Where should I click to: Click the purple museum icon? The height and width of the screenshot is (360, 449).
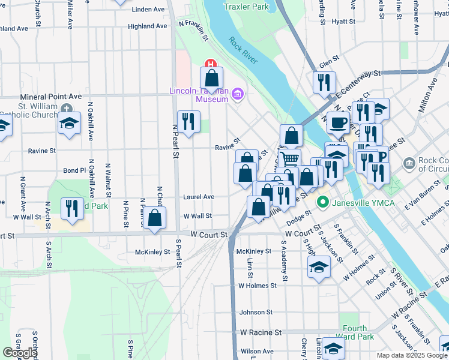[238, 94]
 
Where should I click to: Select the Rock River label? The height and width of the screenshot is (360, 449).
[243, 47]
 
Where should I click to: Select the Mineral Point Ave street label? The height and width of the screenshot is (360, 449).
[50, 96]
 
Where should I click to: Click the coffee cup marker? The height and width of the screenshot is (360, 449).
[338, 122]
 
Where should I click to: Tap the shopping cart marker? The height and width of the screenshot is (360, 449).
[289, 159]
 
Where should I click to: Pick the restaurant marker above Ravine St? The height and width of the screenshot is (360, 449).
[188, 121]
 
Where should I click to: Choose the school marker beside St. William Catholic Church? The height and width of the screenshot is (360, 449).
[70, 124]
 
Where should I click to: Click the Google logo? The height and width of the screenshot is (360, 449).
[20, 353]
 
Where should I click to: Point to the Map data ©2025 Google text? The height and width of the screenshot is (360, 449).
[412, 355]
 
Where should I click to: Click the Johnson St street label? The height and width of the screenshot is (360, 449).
[256, 313]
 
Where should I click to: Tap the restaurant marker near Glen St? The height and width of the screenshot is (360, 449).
[324, 82]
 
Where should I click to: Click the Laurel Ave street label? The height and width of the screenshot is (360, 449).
[199, 197]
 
